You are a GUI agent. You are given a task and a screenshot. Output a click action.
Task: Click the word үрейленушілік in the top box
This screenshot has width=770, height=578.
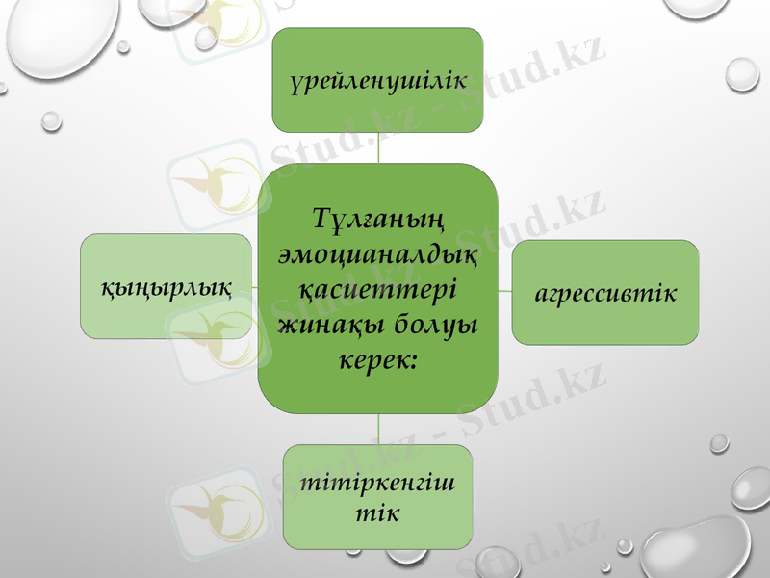[377, 80]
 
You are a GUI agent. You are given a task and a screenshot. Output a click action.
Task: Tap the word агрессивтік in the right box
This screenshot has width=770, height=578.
[605, 292]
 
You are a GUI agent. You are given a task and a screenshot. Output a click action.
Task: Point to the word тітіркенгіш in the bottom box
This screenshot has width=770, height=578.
[377, 482]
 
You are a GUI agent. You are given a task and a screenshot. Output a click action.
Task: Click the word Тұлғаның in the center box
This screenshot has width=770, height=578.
[377, 222]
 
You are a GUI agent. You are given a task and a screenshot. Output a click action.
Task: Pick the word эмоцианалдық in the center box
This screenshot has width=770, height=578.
[377, 255]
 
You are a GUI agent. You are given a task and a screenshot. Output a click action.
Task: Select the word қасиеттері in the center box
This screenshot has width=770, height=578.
[377, 290]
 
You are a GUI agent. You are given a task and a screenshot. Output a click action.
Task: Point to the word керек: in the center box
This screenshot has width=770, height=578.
[377, 358]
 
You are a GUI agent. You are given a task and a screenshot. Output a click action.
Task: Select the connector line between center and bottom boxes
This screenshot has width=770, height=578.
[378, 429]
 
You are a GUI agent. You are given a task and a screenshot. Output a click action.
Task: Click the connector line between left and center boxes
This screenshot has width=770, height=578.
[254, 286]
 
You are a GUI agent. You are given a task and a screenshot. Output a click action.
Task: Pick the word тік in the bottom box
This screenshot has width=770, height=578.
[377, 511]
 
